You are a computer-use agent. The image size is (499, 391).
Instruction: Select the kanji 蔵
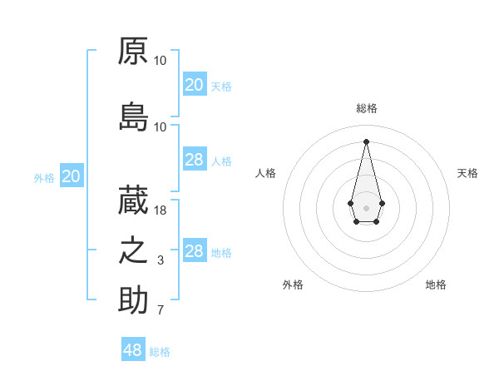(x=133, y=200)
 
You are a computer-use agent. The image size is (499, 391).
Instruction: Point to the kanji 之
(x=133, y=250)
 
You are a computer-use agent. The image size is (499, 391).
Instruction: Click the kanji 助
(x=133, y=300)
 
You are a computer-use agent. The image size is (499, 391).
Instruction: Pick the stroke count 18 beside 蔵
(x=161, y=210)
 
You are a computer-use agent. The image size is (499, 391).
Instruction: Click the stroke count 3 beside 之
(x=161, y=260)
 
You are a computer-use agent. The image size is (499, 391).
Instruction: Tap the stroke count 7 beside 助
(x=161, y=311)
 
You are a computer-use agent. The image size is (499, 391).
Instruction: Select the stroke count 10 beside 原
(x=161, y=61)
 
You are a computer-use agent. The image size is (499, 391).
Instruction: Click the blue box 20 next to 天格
(x=194, y=85)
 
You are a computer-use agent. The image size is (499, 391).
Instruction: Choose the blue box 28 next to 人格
(x=194, y=160)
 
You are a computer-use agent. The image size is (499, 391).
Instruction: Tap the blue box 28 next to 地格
(x=194, y=251)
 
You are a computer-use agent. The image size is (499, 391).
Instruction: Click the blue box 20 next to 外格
(x=72, y=176)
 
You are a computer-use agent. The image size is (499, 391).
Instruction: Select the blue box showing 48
(x=133, y=350)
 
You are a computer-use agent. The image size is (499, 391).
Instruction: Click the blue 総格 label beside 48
(x=161, y=352)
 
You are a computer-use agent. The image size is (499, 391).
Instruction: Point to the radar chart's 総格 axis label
(x=366, y=108)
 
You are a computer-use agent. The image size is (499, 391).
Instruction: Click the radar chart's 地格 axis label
(x=436, y=285)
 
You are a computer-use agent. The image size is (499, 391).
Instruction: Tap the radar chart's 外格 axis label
(x=293, y=285)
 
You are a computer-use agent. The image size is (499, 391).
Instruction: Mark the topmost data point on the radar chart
(x=366, y=141)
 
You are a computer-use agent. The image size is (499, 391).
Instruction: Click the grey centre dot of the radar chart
(x=366, y=206)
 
